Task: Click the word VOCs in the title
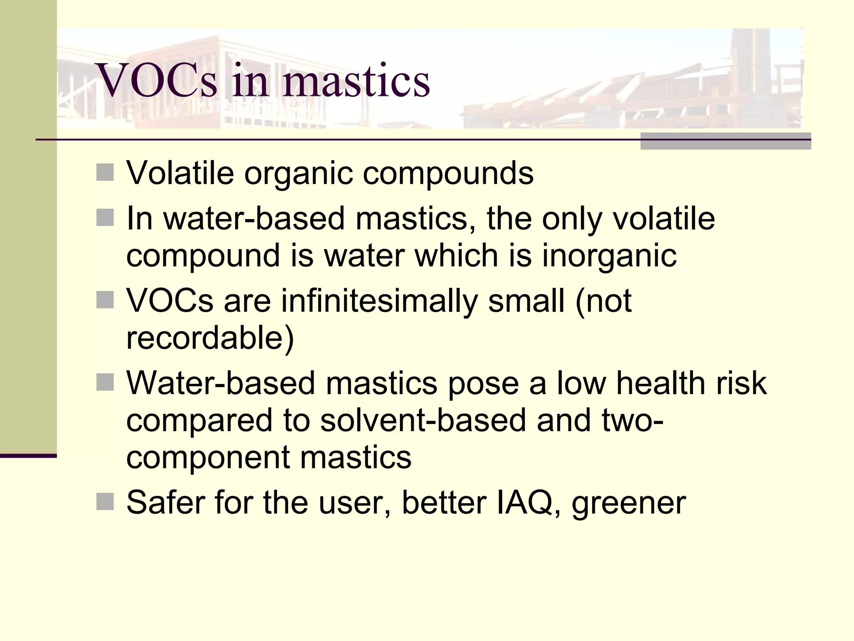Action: tap(156, 80)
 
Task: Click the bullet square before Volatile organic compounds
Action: tap(105, 172)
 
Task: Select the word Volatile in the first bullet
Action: tap(180, 172)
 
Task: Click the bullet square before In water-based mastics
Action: tap(105, 217)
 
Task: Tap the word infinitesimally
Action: tap(379, 300)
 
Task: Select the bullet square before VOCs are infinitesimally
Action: tap(105, 300)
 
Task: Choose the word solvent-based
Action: tap(423, 420)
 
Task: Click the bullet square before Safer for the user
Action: tap(105, 502)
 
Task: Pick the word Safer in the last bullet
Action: tap(166, 502)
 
